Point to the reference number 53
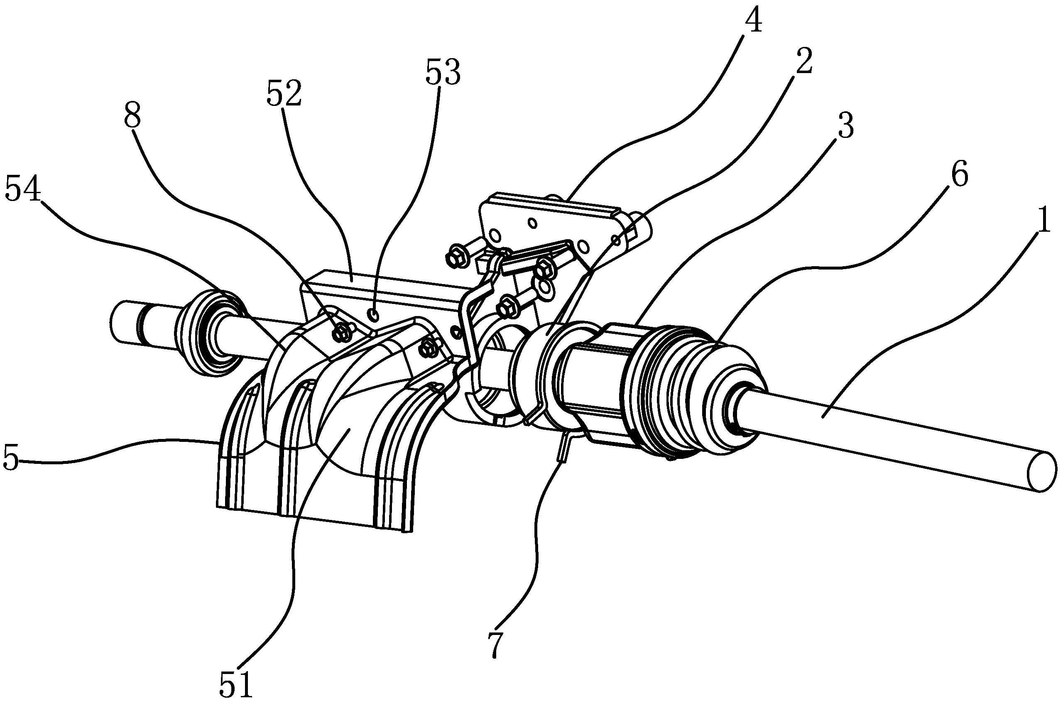point(443,73)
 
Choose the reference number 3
point(845,126)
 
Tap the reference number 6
point(959,175)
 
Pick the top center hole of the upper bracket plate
point(531,222)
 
